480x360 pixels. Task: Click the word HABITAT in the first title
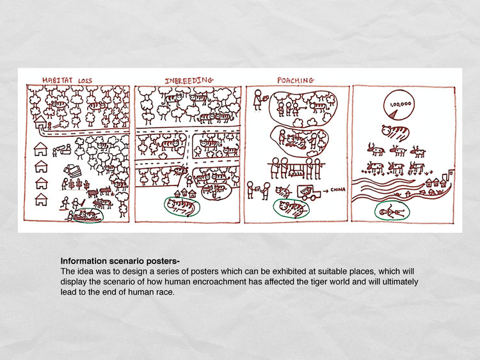pyautogui.click(x=58, y=80)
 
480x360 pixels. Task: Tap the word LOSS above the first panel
pyautogui.click(x=84, y=81)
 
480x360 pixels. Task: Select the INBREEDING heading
pyautogui.click(x=189, y=81)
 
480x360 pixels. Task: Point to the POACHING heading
pyautogui.click(x=296, y=81)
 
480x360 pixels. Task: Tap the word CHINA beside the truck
pyautogui.click(x=338, y=190)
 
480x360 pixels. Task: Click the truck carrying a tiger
pyautogui.click(x=309, y=192)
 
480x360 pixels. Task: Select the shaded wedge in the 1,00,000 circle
pyautogui.click(x=394, y=114)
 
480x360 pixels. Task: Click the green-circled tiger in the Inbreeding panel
pyautogui.click(x=182, y=206)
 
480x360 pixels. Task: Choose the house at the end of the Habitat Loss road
pyautogui.click(x=40, y=121)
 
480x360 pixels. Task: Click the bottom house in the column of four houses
pyautogui.click(x=41, y=200)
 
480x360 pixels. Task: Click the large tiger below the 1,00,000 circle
pyautogui.click(x=395, y=132)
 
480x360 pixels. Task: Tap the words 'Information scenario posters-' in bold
pyautogui.click(x=120, y=261)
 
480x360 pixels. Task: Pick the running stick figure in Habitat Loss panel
pyautogui.click(x=64, y=203)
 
